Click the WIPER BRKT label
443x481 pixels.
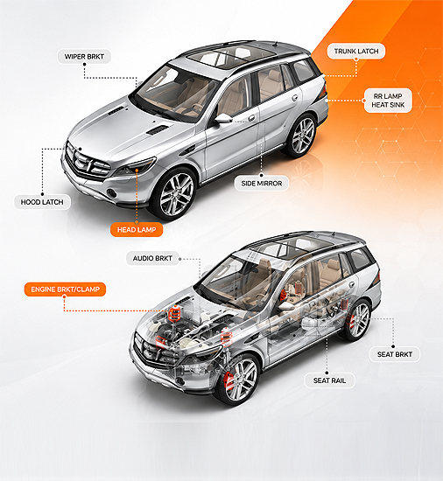pyautogui.click(x=84, y=57)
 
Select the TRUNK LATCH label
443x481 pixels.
pyautogui.click(x=356, y=52)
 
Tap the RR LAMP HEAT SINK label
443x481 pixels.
pyautogui.click(x=388, y=101)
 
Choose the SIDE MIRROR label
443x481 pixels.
pyautogui.click(x=261, y=184)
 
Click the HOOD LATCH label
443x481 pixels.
pyautogui.click(x=42, y=202)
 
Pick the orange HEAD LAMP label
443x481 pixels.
pyautogui.click(x=137, y=229)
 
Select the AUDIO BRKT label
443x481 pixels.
pyautogui.click(x=152, y=259)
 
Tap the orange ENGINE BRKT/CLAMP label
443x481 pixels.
pyautogui.click(x=65, y=289)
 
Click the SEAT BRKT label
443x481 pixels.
pyautogui.click(x=395, y=354)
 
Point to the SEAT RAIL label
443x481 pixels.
pyautogui.click(x=329, y=380)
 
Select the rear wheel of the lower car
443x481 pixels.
pyautogui.click(x=358, y=320)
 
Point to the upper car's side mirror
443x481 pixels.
pyautogui.click(x=222, y=118)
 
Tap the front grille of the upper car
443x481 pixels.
pyautogui.click(x=88, y=163)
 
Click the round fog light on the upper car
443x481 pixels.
pyautogui.click(x=112, y=193)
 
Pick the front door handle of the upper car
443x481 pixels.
pyautogui.click(x=252, y=118)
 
